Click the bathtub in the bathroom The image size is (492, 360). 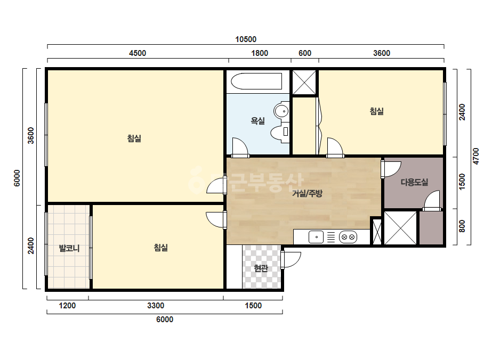tap(256, 81)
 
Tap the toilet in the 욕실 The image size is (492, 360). tap(280, 134)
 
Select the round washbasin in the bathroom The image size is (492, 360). tap(281, 111)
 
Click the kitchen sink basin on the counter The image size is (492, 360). tap(316, 237)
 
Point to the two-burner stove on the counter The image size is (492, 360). tap(348, 237)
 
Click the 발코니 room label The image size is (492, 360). tap(69, 249)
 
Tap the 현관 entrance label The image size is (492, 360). tap(261, 268)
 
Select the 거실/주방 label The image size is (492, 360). tap(307, 193)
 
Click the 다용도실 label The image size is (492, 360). tap(414, 182)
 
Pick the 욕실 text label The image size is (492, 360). tap(257, 121)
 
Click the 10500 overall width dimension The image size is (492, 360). tap(246, 39)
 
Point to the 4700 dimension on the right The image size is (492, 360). tap(475, 156)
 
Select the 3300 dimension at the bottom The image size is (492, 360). tap(156, 306)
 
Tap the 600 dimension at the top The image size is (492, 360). tap(305, 53)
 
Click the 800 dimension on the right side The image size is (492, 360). tap(462, 226)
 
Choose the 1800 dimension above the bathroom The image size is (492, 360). tap(260, 53)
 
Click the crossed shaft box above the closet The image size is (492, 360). tap(304, 83)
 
